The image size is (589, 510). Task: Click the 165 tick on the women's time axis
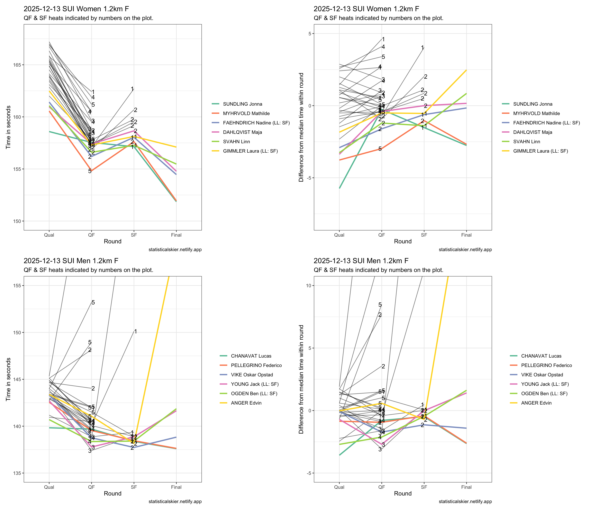coord(17,65)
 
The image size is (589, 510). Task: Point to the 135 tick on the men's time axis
coord(17,473)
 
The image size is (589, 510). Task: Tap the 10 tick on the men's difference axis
coord(309,285)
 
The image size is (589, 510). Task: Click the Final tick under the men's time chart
coord(176,487)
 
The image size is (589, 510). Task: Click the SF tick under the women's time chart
coord(134,235)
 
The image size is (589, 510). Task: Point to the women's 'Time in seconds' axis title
coord(9,127)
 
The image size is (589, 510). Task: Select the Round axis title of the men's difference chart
coord(403,493)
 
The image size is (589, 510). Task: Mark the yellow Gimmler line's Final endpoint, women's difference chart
coord(466,70)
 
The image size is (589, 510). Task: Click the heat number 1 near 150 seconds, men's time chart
coord(136,332)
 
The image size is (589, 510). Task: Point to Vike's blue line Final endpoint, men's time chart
coord(176,437)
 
